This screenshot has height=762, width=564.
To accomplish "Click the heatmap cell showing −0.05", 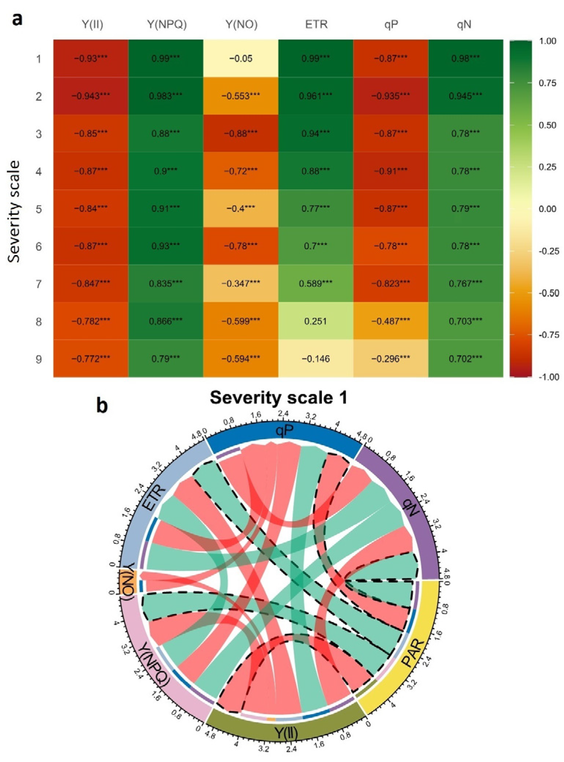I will tap(241, 59).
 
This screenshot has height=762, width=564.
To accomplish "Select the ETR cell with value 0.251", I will tap(315, 321).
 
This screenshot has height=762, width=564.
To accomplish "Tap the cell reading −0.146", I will tap(315, 359).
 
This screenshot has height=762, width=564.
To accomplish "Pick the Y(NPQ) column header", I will tap(167, 25).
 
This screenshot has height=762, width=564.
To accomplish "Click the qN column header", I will tap(464, 25).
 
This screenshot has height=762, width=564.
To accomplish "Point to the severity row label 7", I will tap(39, 284).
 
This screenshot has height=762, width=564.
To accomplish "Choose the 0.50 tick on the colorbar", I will tap(547, 125).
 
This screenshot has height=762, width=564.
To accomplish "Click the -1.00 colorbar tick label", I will tap(548, 377).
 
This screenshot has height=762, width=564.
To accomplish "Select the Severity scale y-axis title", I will tap(14, 212).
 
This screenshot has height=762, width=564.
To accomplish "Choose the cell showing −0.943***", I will tap(91, 96).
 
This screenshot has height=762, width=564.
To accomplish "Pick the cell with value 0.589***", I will tap(315, 284).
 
